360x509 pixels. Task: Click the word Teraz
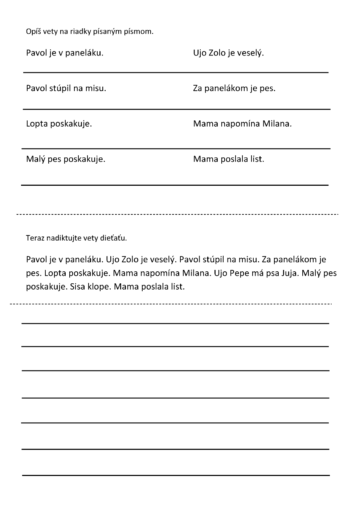click(34, 238)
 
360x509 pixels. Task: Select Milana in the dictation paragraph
click(196, 273)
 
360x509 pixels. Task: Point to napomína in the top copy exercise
click(240, 124)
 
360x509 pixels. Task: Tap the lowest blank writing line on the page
click(176, 475)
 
